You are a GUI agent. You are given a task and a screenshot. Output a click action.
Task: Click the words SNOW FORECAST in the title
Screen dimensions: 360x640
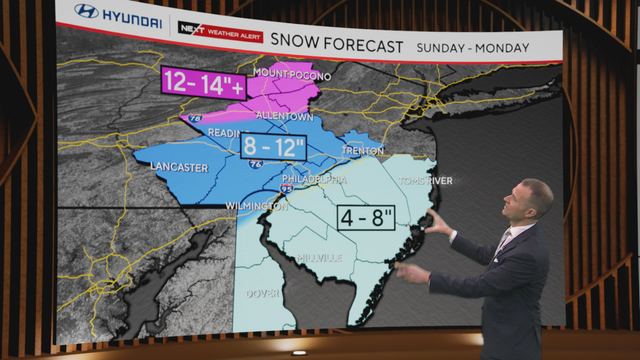(x=350, y=46)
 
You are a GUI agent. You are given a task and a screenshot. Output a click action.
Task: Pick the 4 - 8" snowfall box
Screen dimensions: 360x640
(x=364, y=216)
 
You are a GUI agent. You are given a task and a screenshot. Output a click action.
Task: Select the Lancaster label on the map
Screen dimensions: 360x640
(x=181, y=167)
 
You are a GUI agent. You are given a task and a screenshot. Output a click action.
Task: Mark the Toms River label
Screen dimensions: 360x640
(x=427, y=181)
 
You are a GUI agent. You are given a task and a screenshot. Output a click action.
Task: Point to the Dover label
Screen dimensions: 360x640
(x=263, y=294)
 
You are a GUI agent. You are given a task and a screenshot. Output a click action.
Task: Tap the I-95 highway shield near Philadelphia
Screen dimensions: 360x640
(x=288, y=187)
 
